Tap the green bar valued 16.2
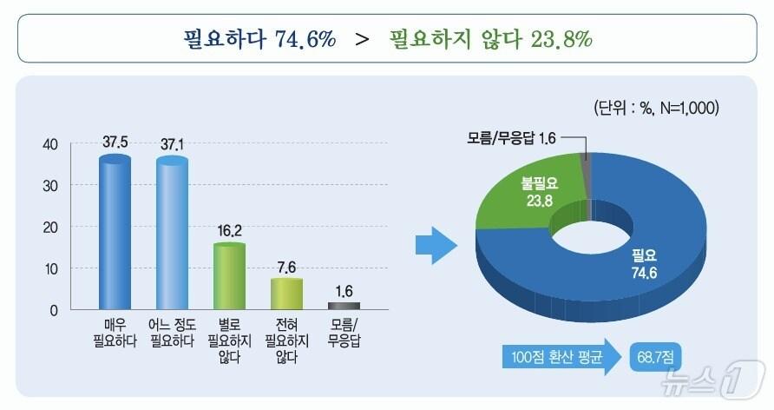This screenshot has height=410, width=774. [229, 276]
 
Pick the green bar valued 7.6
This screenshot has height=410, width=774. [286, 294]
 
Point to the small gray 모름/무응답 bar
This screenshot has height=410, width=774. [344, 306]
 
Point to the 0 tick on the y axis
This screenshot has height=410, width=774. [54, 310]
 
